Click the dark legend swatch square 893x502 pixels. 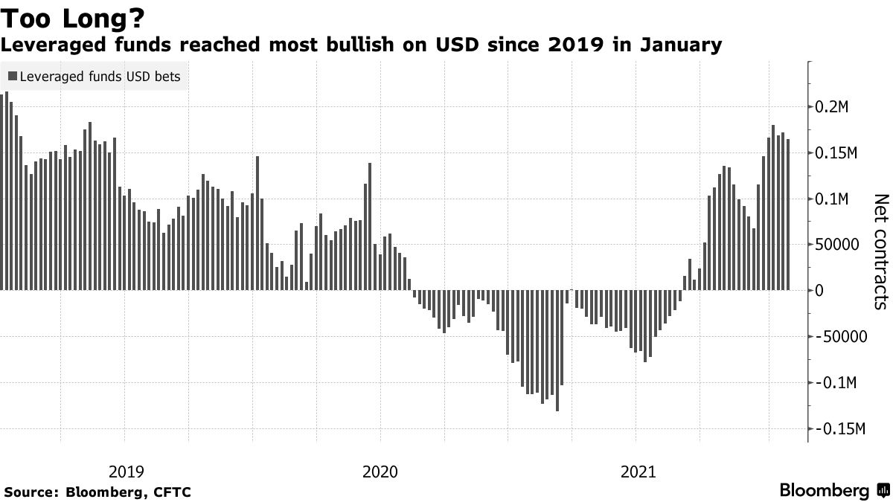pyautogui.click(x=12, y=76)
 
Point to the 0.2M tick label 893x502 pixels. pyautogui.click(x=838, y=107)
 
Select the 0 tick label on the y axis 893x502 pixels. pyautogui.click(x=820, y=291)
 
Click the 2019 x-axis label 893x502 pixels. pyautogui.click(x=127, y=471)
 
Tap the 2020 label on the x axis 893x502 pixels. pyautogui.click(x=380, y=471)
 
